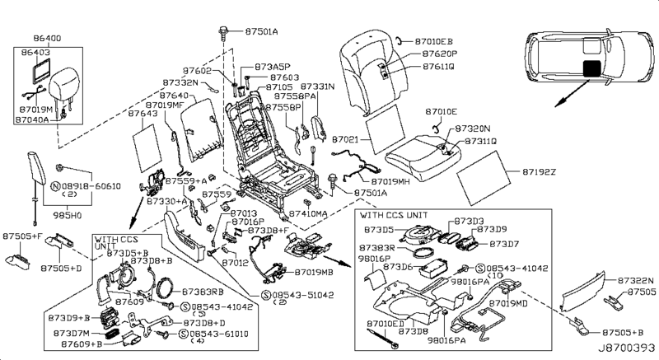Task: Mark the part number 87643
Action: [x=143, y=115]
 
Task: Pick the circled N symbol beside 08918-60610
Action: [x=56, y=187]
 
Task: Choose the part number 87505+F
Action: [x=21, y=236]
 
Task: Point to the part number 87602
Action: [x=198, y=71]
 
